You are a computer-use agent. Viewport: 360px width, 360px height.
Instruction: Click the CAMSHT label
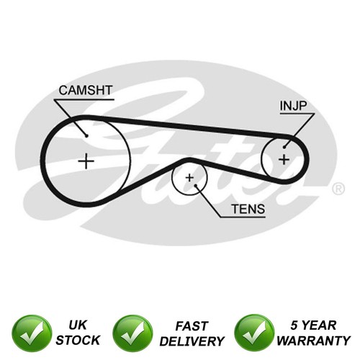tap(86, 90)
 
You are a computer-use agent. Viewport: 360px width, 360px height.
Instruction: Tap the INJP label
tap(293, 106)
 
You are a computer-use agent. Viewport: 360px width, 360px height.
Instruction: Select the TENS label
tap(248, 209)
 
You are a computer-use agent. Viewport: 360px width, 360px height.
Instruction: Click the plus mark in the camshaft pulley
tap(86, 161)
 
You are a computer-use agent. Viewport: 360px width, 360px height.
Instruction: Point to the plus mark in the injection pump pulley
tap(284, 159)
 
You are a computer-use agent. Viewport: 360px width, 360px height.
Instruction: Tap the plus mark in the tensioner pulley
tap(189, 178)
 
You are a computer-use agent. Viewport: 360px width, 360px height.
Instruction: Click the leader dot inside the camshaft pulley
tap(86, 136)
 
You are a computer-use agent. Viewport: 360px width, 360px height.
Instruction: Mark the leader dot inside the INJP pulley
tap(284, 147)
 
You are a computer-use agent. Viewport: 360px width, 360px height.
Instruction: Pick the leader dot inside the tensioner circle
tap(196, 186)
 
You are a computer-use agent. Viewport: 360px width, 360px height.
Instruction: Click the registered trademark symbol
tap(338, 189)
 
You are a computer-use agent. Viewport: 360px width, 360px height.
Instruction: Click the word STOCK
tap(78, 340)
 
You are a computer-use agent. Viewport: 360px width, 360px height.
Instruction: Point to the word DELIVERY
tap(192, 341)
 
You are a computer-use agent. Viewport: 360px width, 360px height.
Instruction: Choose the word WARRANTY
tap(314, 341)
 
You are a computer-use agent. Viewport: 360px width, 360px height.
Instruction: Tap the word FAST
tap(192, 326)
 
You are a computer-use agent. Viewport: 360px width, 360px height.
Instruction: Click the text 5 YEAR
tap(313, 325)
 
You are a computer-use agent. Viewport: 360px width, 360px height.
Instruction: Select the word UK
tap(78, 325)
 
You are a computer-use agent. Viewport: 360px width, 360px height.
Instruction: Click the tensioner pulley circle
tap(172, 179)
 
